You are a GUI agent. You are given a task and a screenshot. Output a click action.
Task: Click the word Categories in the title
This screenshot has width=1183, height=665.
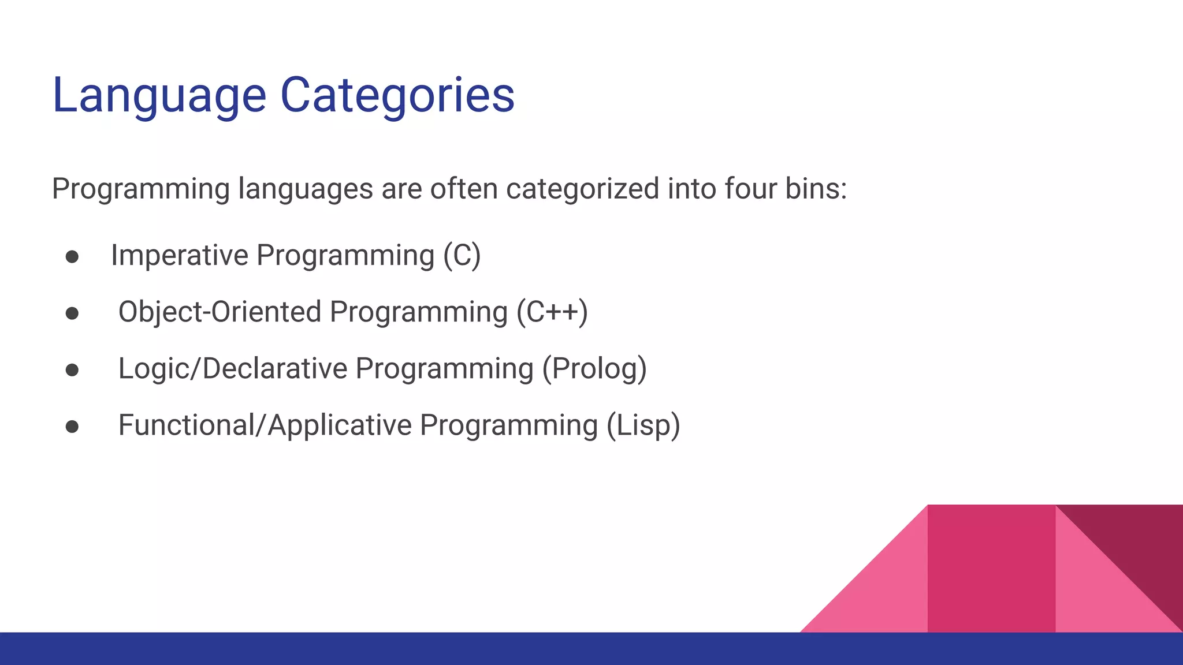[x=397, y=95]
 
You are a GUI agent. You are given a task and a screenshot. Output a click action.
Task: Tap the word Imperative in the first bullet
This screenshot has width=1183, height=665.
[x=179, y=255]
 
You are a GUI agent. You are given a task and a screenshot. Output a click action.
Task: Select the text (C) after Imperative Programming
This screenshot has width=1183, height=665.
[x=462, y=255]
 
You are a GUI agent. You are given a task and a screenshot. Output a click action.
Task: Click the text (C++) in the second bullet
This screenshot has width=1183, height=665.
[x=552, y=312]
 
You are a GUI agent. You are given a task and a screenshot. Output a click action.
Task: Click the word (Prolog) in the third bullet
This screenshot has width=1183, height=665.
[x=594, y=368]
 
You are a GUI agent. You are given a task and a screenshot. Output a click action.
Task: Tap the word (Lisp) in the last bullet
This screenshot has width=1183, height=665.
[x=643, y=425]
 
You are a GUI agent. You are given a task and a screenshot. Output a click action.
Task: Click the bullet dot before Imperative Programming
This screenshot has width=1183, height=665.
[x=72, y=257]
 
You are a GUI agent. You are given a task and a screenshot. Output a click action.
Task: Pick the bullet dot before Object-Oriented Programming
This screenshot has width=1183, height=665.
[x=72, y=313]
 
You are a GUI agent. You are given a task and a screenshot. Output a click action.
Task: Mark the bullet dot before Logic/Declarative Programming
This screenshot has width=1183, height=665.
[x=72, y=370]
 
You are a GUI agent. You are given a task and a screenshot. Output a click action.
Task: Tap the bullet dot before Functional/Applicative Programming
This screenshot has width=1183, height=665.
[x=72, y=427]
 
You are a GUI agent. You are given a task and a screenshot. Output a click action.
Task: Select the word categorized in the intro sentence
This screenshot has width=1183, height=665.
[x=582, y=189]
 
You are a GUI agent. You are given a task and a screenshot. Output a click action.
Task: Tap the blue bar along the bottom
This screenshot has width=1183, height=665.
[x=404, y=649]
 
